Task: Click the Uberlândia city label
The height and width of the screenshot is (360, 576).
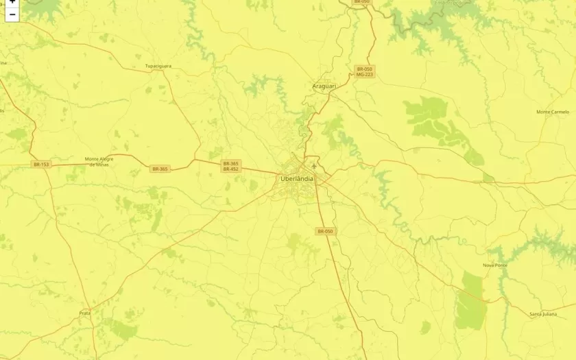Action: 297,178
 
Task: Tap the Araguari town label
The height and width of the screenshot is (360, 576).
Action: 324,86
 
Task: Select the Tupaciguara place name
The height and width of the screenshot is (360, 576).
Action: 158,66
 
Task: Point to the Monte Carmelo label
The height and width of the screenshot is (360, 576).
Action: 553,112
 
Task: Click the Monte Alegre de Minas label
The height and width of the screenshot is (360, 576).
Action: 97,161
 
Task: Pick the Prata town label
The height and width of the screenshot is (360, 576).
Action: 84,313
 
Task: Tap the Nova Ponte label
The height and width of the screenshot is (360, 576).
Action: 494,265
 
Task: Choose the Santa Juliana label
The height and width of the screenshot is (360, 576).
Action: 543,314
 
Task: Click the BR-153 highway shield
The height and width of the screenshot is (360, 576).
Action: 40,164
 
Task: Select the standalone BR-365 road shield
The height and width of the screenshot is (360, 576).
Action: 160,169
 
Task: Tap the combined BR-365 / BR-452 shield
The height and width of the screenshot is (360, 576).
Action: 230,166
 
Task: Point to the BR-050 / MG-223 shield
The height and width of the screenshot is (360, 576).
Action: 364,71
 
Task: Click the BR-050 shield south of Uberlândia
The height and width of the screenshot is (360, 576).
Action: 325,231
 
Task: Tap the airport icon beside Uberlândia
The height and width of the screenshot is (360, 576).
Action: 314,166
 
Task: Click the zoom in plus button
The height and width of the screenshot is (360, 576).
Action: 12,2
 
